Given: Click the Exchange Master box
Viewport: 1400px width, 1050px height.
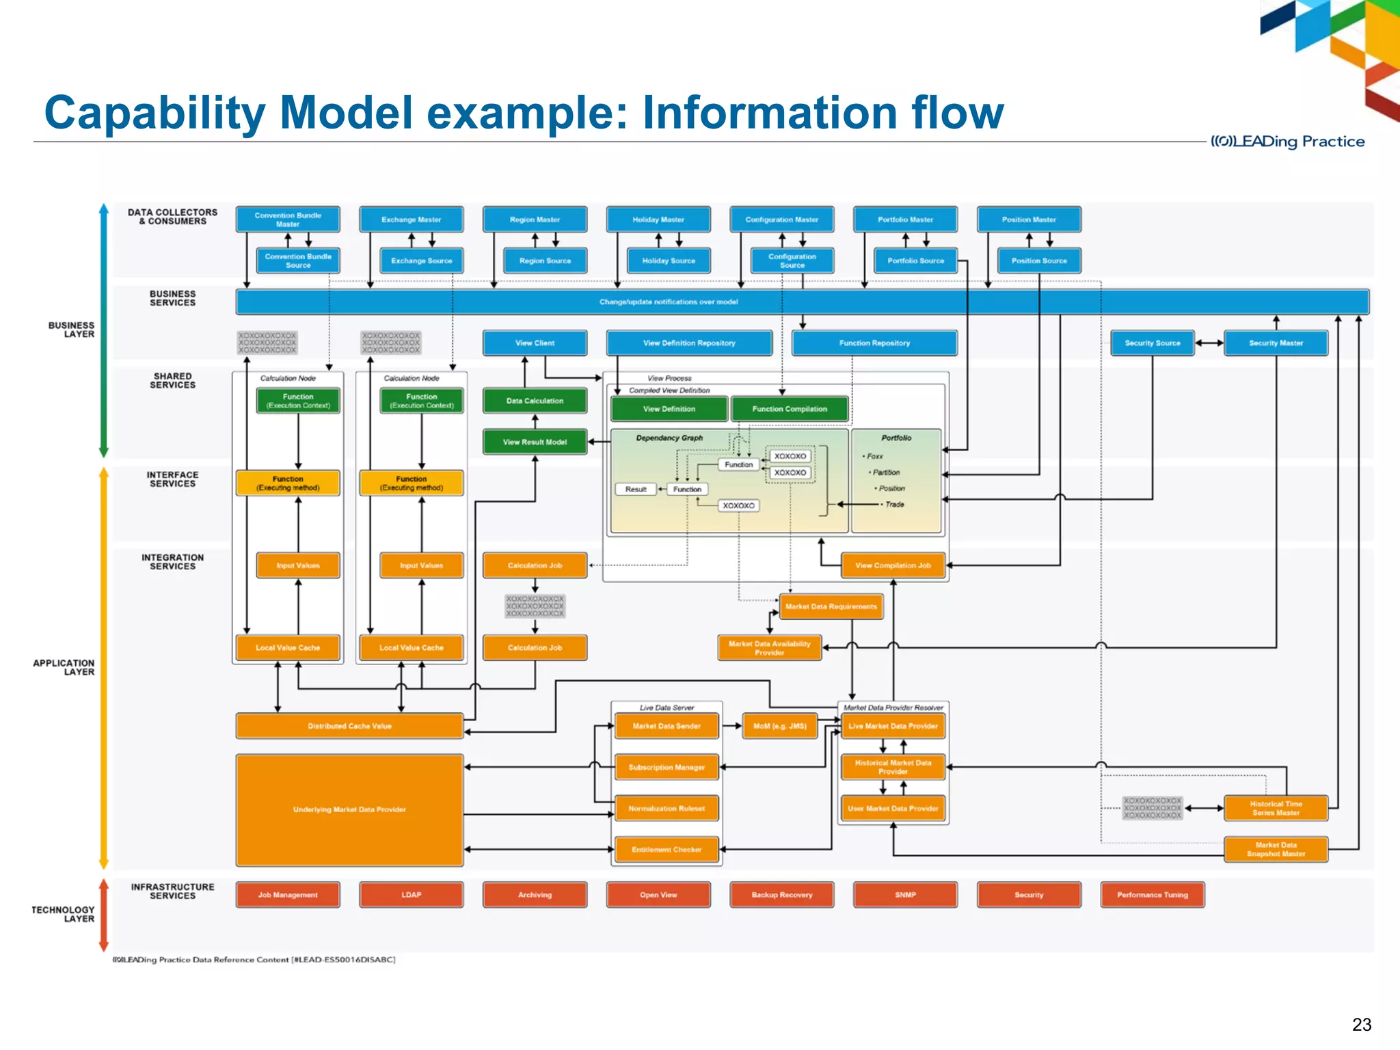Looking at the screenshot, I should pos(411,219).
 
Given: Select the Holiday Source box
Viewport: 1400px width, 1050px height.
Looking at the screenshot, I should pos(668,260).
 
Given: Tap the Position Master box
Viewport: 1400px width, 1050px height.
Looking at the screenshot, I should pos(1028,219).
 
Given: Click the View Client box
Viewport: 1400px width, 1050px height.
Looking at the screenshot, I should pos(535,342).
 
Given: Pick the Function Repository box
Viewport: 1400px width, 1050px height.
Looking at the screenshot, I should pos(874,342).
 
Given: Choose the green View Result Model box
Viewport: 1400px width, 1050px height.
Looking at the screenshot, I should pos(535,442).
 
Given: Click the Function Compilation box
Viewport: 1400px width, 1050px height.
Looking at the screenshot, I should pos(790,409).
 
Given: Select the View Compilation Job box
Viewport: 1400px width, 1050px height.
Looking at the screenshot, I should pos(893,565).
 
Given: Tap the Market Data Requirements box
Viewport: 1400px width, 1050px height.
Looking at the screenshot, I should pos(831,606).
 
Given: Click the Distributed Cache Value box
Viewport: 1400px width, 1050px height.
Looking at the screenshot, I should pos(349,726).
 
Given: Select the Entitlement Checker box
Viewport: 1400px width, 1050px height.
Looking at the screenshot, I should pos(667,850).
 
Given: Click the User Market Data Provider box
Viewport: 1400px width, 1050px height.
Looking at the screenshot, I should pos(893,808).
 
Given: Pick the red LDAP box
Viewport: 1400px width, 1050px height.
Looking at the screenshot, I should pos(411,894).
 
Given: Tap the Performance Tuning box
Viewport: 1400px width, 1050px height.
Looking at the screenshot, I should pos(1152,894).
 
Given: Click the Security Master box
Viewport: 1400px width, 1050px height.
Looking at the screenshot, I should pos(1276,342).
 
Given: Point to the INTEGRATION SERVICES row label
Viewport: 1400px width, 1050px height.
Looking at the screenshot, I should pos(172,562).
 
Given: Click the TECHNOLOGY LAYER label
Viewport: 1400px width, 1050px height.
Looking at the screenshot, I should pos(63,914).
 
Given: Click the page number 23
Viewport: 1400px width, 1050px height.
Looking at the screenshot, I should pos(1361,1025).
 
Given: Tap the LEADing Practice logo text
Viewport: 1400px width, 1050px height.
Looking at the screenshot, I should pos(1287,142).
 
